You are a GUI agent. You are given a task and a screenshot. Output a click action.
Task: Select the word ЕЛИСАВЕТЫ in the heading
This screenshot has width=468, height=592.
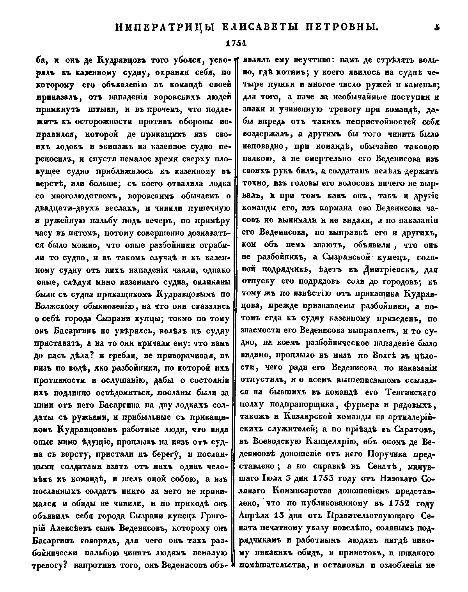click(260, 27)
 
